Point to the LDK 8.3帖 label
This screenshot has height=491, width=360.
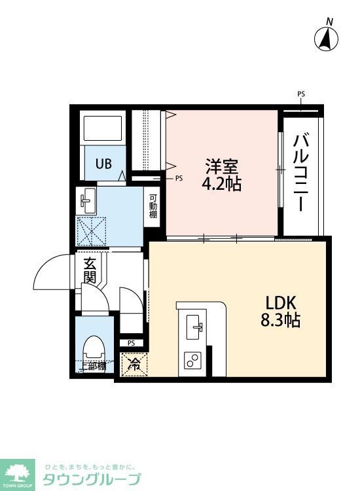(x=282, y=312)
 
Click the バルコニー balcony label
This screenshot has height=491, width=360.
(x=302, y=171)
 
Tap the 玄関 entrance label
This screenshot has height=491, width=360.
(x=90, y=270)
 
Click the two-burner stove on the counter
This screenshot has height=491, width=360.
(x=194, y=359)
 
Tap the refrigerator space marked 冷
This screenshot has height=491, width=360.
(x=134, y=363)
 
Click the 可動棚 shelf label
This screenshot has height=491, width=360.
(x=153, y=206)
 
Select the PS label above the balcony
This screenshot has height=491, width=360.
(x=301, y=94)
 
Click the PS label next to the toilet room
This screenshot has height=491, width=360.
(x=131, y=343)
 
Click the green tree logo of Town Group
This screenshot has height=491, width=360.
(x=19, y=471)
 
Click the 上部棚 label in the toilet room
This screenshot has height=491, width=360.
(x=94, y=367)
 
